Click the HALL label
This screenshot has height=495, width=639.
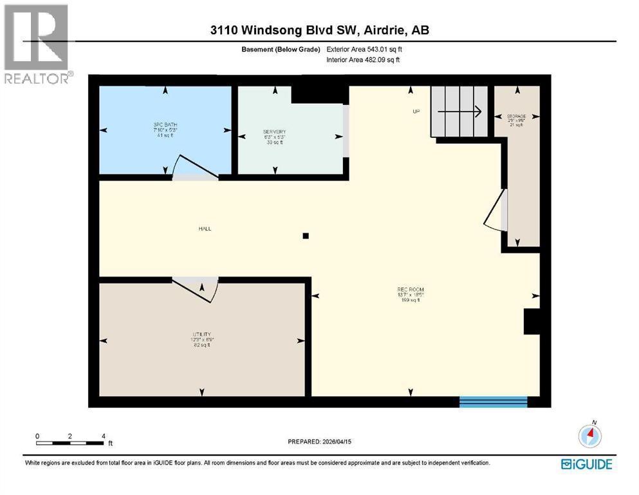tap(205, 229)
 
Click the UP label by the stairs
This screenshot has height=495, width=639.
tap(416, 112)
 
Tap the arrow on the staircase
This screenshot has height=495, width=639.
tap(460, 112)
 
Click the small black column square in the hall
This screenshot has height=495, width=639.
tap(306, 236)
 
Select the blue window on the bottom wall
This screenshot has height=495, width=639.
tap(494, 402)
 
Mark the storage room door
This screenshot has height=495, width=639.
tap(495, 210)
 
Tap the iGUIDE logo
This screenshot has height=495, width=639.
tap(586, 464)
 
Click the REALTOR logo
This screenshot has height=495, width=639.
tap(37, 44)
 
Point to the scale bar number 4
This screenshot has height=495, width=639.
tap(104, 436)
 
